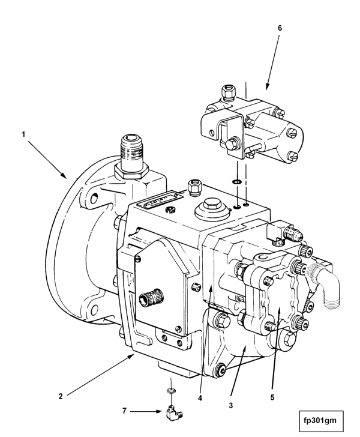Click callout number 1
23,134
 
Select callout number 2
61,396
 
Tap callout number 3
231,406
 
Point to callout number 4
200,398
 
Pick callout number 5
272,397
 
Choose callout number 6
280,28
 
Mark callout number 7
124,411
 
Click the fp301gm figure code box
321,421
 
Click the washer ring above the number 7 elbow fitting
171,390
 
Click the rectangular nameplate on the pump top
160,200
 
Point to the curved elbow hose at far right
325,285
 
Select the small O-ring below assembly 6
236,182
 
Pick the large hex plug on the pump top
212,205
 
